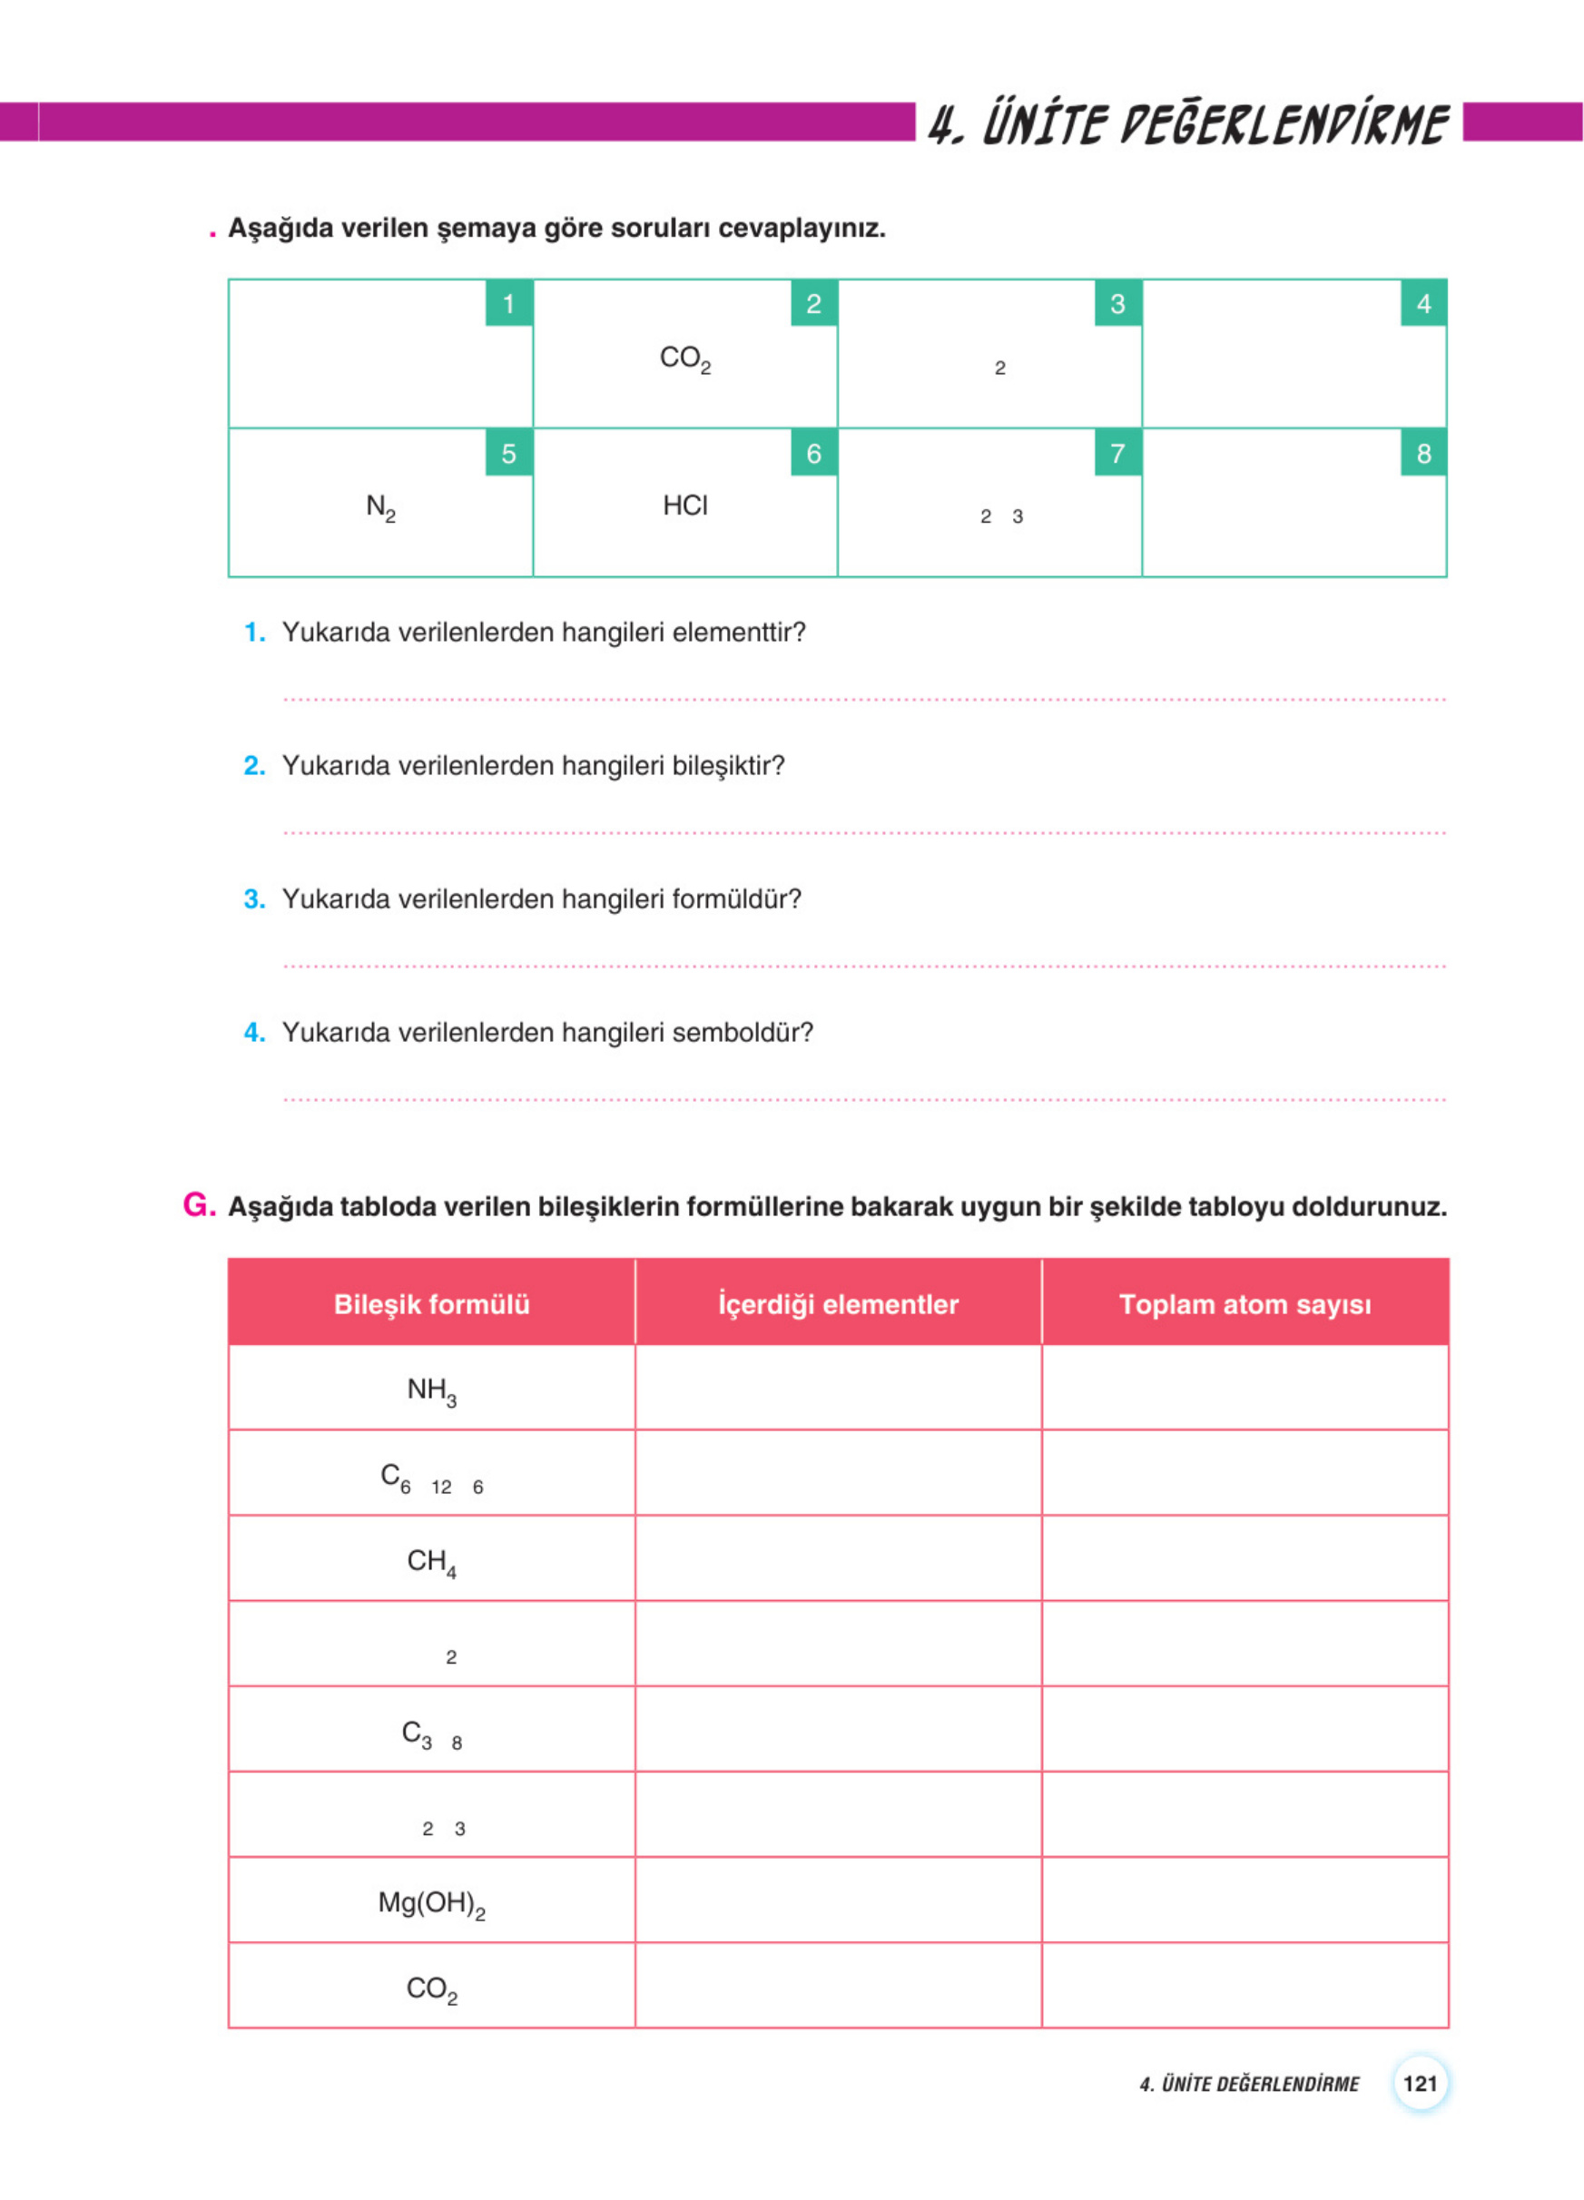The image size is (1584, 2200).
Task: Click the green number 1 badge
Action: tap(508, 304)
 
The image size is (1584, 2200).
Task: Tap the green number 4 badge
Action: tap(1423, 304)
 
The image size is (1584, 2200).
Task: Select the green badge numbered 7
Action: tap(1117, 453)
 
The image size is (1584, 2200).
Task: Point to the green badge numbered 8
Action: tap(1423, 453)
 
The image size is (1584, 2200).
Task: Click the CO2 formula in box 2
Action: tap(684, 358)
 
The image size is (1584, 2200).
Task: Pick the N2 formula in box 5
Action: tap(380, 507)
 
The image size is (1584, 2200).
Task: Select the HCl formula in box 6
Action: tap(684, 506)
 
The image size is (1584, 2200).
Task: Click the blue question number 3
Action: tap(254, 899)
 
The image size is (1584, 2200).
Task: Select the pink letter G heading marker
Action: tap(198, 1204)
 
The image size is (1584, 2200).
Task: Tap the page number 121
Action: tap(1419, 2084)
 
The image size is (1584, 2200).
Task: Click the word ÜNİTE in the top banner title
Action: tap(1044, 124)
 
